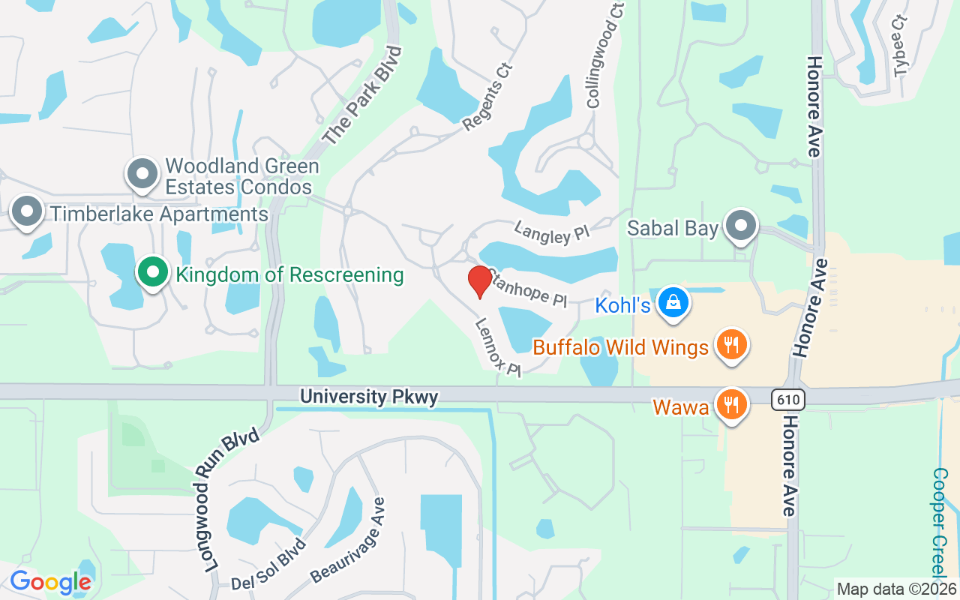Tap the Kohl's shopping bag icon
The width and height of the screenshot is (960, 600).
click(673, 303)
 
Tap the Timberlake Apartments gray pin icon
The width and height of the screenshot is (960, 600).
click(28, 212)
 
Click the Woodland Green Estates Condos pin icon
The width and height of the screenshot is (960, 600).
click(142, 174)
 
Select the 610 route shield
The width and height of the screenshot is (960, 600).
click(788, 400)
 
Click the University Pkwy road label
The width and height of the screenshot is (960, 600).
click(369, 396)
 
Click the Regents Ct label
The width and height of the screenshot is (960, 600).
click(487, 97)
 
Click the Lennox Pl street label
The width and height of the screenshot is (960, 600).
click(497, 348)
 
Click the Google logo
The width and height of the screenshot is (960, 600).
click(50, 581)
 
